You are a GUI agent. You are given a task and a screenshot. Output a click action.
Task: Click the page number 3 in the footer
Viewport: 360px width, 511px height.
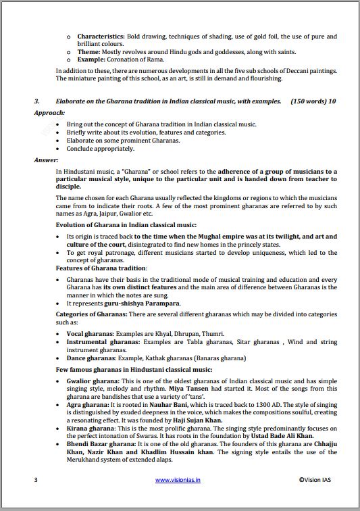tap(36, 480)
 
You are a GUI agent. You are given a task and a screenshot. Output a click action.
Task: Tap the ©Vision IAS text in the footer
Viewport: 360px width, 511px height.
tap(317, 480)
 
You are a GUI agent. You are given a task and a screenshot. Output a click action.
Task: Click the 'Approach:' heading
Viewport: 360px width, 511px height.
tap(49, 113)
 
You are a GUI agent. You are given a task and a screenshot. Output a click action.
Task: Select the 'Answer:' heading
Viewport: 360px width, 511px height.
tap(47, 160)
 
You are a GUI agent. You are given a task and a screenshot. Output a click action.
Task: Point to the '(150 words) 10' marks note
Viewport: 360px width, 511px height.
tap(313, 101)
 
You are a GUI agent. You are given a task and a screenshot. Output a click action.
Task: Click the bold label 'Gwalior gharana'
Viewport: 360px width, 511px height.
tap(91, 382)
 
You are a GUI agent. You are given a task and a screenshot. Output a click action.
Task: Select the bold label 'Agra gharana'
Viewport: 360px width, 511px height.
tap(86, 404)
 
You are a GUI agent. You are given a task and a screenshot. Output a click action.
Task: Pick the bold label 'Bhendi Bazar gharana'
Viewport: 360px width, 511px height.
tap(99, 444)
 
